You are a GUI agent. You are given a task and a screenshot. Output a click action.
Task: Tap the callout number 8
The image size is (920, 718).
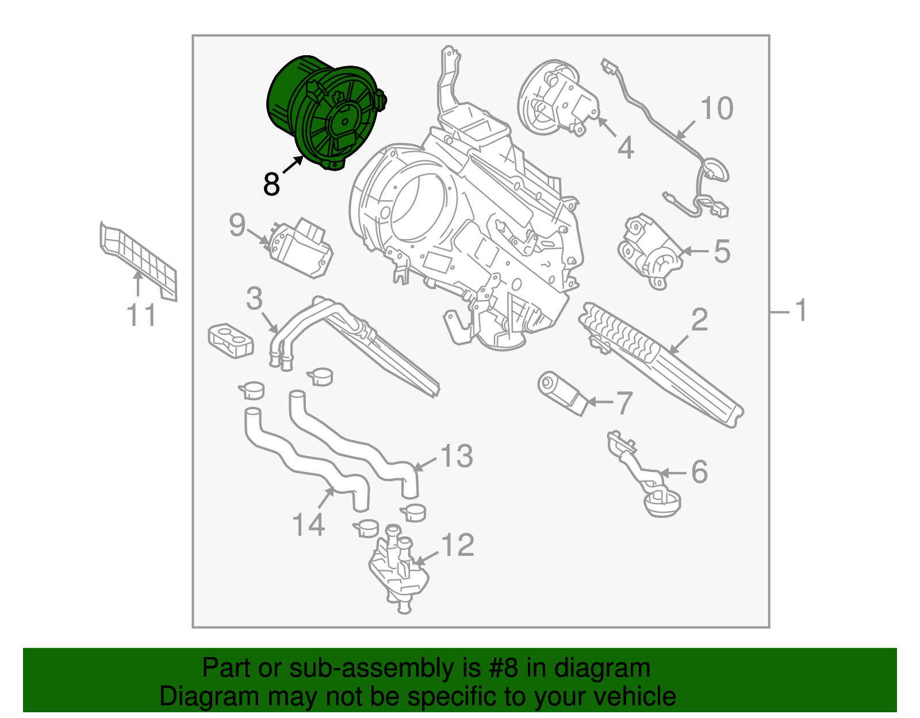[x=271, y=185]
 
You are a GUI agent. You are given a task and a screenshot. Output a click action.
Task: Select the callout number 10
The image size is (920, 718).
[x=716, y=109]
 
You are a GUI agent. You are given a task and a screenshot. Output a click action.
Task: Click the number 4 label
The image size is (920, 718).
[x=626, y=148]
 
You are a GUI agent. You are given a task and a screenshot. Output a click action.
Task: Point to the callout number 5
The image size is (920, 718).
[x=722, y=252]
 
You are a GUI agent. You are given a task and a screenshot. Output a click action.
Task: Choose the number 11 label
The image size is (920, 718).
[x=141, y=316]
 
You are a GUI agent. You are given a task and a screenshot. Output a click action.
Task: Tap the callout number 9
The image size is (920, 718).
[x=237, y=225]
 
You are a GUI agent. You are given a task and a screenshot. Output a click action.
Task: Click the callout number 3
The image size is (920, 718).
[x=254, y=299]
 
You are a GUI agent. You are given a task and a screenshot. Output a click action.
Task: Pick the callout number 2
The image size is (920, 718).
[x=699, y=320]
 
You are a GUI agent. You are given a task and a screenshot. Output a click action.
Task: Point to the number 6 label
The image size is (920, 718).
[x=699, y=472]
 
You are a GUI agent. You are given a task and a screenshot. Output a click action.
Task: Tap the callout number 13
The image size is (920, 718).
[x=457, y=456]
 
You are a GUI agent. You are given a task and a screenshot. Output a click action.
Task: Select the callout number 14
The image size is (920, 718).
[x=309, y=525]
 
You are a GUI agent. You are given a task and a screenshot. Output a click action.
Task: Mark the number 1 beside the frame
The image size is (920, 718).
[x=800, y=311]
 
